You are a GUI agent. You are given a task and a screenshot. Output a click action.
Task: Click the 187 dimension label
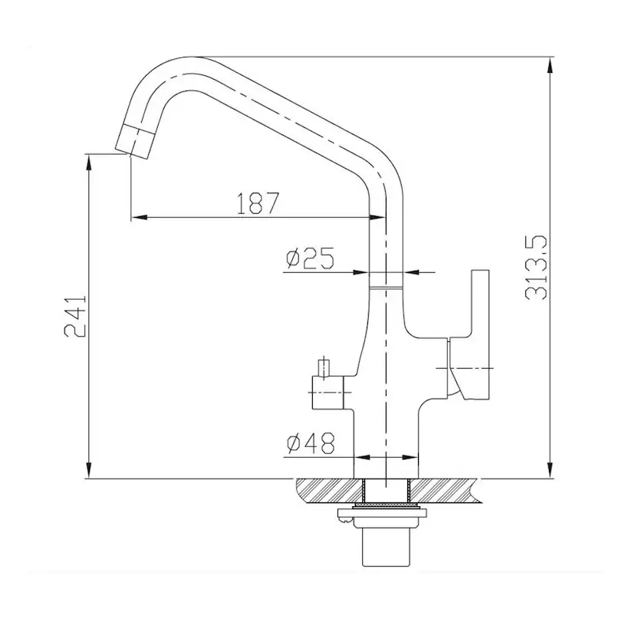pos(258,203)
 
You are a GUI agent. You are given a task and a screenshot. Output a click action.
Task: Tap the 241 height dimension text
pos(75,316)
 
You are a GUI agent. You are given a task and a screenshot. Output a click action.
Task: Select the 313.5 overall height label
pos(536,268)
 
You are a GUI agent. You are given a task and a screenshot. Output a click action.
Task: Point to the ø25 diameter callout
pos(310,258)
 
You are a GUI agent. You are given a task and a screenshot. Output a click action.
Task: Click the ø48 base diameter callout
pos(311,443)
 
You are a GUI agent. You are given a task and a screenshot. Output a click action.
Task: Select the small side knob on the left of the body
pos(327,392)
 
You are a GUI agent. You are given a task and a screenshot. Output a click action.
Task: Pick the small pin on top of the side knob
pos(323,367)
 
